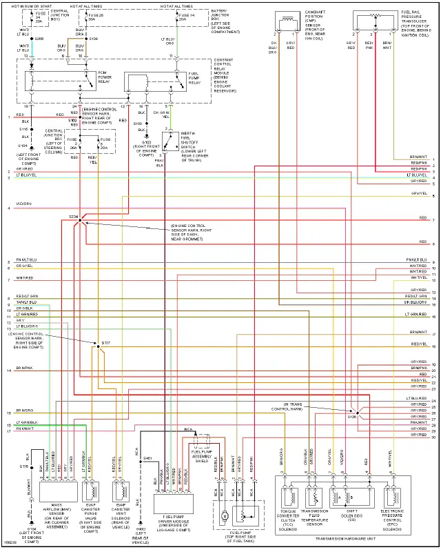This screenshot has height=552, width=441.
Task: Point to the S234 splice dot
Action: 81,219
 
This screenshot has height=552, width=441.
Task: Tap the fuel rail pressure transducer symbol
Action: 376,17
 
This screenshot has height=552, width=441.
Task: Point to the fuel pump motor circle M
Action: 224,515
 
